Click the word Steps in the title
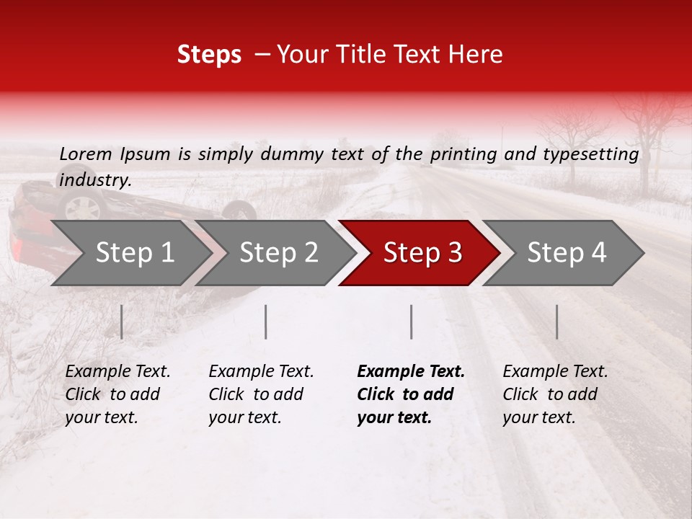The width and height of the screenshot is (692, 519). tap(209, 55)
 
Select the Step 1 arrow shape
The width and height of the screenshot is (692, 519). tap(130, 253)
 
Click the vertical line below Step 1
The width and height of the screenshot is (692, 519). tap(122, 321)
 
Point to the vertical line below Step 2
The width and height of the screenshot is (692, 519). tap(266, 321)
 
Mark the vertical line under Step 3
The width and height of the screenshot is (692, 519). tap(411, 321)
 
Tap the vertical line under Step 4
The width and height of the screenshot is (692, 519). tap(556, 321)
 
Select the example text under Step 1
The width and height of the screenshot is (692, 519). tap(117, 394)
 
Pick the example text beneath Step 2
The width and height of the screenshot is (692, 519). tap(261, 394)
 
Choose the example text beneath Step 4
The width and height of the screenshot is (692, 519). tap(555, 394)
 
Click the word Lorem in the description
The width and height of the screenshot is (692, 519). tap(86, 154)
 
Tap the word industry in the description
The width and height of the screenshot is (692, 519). tap(95, 180)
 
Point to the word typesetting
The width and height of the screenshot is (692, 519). tap(588, 154)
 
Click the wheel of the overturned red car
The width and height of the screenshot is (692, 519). tap(81, 207)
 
